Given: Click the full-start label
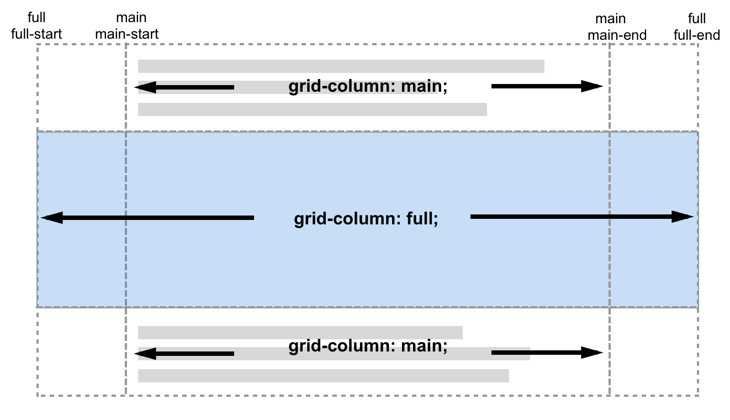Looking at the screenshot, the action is tap(36, 34).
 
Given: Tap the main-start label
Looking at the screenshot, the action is tap(127, 34).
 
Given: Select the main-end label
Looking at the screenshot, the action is tap(617, 35).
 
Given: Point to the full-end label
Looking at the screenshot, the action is tap(697, 35).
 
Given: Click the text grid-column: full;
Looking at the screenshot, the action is tap(366, 218).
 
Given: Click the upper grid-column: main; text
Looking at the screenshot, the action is tap(368, 86).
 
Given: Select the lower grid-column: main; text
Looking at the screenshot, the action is tap(368, 345).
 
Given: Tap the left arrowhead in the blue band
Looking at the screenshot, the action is tap(52, 218).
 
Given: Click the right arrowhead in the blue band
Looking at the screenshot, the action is tap(683, 217).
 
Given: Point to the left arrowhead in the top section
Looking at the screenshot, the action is tap(145, 87).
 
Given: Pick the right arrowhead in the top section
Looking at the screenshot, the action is tap(592, 86).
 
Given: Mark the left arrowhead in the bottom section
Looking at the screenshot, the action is tap(145, 354).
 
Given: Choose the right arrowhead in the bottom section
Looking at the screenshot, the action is tap(592, 353).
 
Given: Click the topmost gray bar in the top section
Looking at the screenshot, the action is tap(341, 66).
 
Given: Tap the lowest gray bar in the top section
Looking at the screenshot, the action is tap(313, 109).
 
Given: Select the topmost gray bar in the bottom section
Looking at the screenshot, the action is tap(300, 333).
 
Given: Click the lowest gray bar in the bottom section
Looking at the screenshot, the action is tap(324, 376).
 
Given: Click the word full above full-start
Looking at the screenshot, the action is tap(36, 18).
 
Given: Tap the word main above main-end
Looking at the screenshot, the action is tap(611, 19).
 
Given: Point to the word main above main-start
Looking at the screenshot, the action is tap(131, 18).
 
